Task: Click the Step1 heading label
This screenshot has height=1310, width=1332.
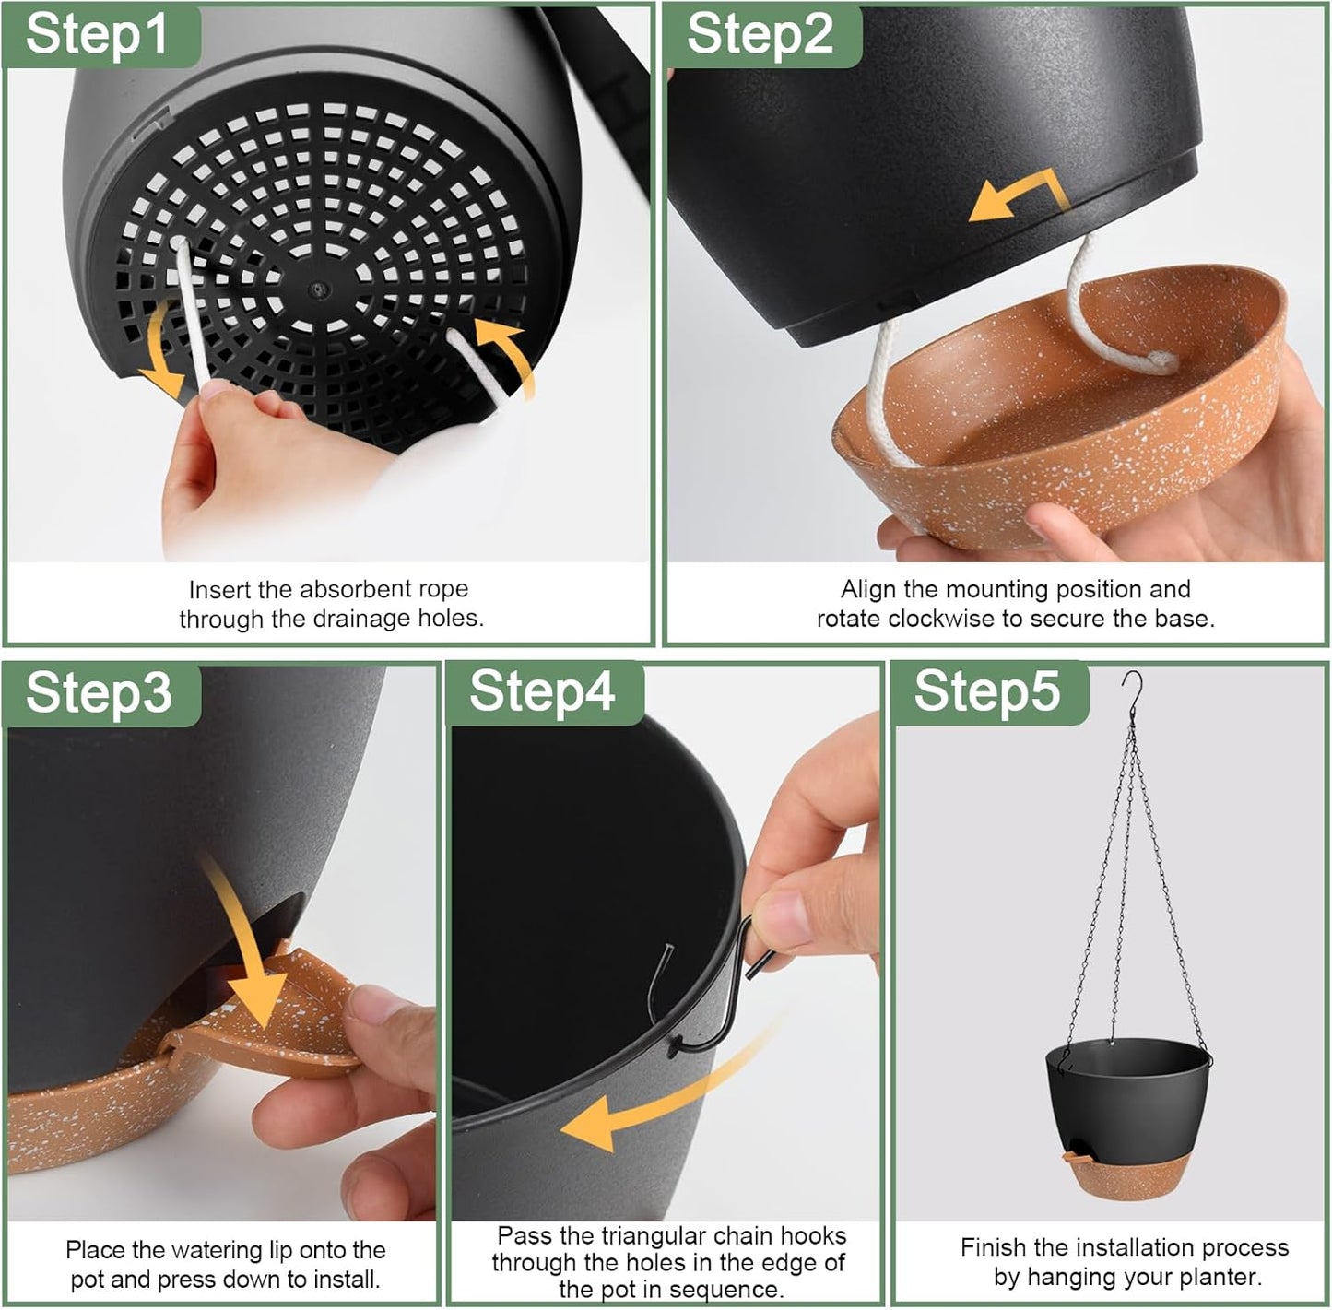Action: pos(98,34)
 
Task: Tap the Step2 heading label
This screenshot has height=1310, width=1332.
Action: pos(760,34)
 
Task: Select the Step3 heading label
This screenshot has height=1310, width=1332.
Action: pos(99,692)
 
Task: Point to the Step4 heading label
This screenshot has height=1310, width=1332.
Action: pos(542,692)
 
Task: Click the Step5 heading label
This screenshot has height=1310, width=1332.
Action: pos(986,692)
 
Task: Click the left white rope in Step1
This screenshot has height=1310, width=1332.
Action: pos(190,313)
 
